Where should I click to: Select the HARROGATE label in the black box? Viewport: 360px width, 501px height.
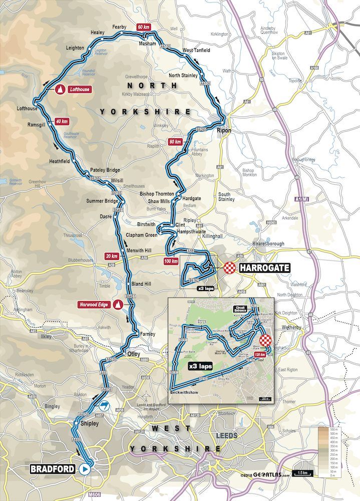tap(264, 268)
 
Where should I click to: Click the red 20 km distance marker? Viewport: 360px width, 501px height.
tap(112, 256)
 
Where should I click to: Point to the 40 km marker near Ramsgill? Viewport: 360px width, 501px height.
tap(62, 121)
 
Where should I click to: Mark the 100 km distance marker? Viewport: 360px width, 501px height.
tap(171, 261)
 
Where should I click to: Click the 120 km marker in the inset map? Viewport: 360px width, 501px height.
tap(259, 354)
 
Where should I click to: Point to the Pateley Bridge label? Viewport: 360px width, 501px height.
tap(105, 170)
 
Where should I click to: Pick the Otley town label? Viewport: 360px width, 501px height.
tap(134, 353)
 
